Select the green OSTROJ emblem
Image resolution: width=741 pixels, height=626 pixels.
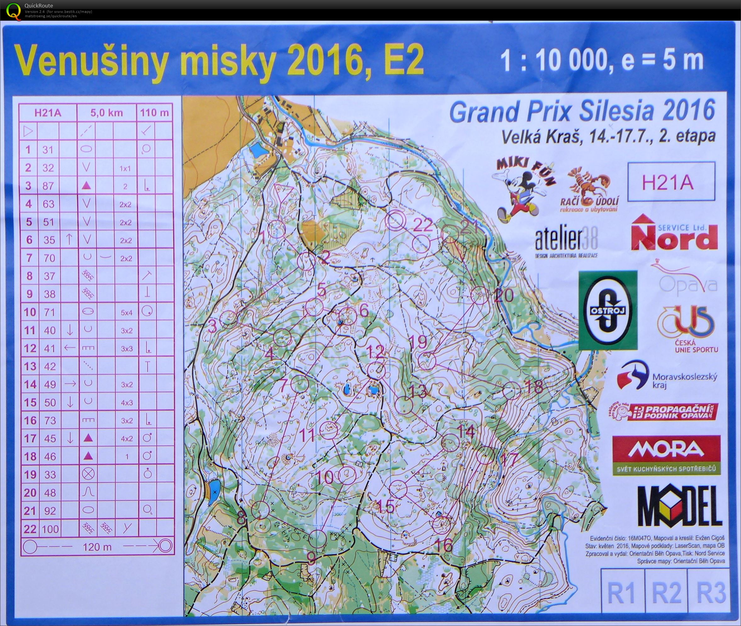coord(608,310)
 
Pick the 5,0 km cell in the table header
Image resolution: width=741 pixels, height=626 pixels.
coord(106,113)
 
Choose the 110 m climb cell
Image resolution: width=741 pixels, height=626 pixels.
coord(154,113)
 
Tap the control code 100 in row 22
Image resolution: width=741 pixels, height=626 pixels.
coord(50,529)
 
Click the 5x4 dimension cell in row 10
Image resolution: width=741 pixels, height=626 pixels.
coord(126,313)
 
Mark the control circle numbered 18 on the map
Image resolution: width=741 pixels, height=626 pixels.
coord(512,390)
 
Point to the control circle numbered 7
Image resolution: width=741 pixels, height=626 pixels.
coord(299,383)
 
